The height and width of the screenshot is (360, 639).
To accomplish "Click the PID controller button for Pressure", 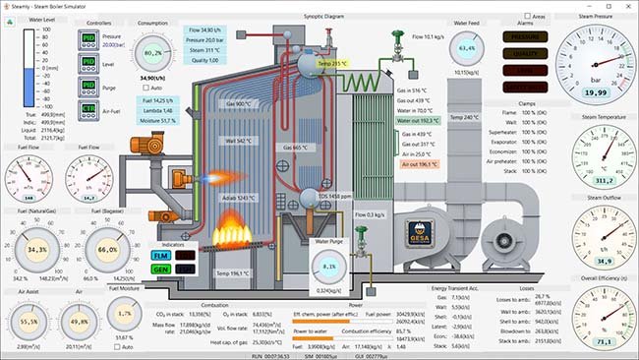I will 87,38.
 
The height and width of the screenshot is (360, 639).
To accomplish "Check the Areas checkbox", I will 527,16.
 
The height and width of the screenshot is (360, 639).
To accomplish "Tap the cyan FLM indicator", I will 160,256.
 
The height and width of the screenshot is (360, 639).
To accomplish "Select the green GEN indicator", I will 160,268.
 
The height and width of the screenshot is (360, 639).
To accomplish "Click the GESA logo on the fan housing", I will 426,233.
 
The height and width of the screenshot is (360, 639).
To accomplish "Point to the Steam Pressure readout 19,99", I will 595,91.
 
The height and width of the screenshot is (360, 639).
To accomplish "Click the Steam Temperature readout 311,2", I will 595,180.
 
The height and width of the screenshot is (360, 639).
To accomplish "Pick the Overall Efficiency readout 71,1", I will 595,340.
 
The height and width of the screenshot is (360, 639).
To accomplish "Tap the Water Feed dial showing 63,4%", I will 467,48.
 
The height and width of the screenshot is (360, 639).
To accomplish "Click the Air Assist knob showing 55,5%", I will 29,321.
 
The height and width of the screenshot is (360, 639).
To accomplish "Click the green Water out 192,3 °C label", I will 418,121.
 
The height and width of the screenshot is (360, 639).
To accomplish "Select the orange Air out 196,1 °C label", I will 416,164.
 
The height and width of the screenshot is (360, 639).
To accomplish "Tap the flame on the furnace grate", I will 233,236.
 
